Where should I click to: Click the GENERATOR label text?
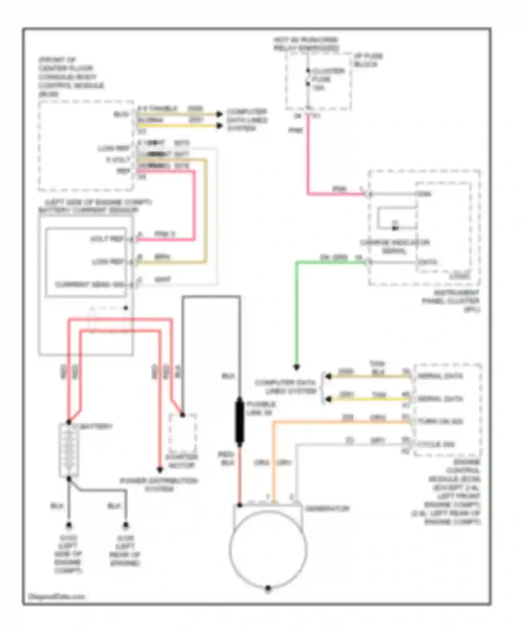click(x=327, y=508)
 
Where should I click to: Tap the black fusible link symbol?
click(x=240, y=422)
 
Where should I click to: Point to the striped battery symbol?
click(x=69, y=450)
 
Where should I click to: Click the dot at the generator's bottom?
click(x=268, y=588)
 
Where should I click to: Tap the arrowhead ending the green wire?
click(x=296, y=367)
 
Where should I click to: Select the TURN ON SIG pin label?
click(x=440, y=422)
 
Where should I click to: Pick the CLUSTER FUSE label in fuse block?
click(x=328, y=75)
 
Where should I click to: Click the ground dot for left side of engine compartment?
click(x=69, y=525)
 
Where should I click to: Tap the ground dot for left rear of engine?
click(x=126, y=525)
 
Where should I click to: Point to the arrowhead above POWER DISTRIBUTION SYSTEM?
click(x=160, y=470)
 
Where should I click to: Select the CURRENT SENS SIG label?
click(x=90, y=284)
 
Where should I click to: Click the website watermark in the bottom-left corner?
click(x=56, y=596)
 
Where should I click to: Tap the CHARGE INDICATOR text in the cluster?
click(x=395, y=243)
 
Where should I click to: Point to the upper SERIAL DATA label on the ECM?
click(x=440, y=376)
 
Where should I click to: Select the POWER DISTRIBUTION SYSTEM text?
click(x=159, y=485)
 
